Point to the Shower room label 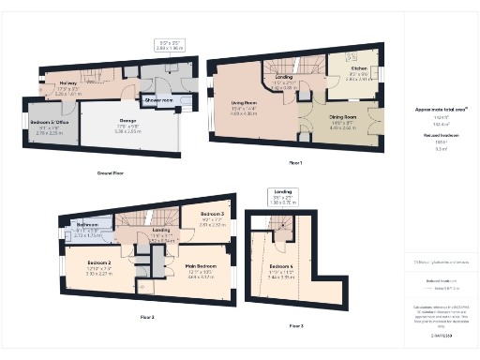click(x=157, y=97)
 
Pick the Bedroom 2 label click(x=100, y=262)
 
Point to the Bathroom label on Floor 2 click(x=88, y=225)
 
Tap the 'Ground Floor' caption click(x=112, y=173)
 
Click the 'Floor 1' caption click(x=295, y=163)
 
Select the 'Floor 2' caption click(x=147, y=318)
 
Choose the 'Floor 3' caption click(x=295, y=325)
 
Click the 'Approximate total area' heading click(x=434, y=110)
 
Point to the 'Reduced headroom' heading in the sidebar click(x=434, y=137)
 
